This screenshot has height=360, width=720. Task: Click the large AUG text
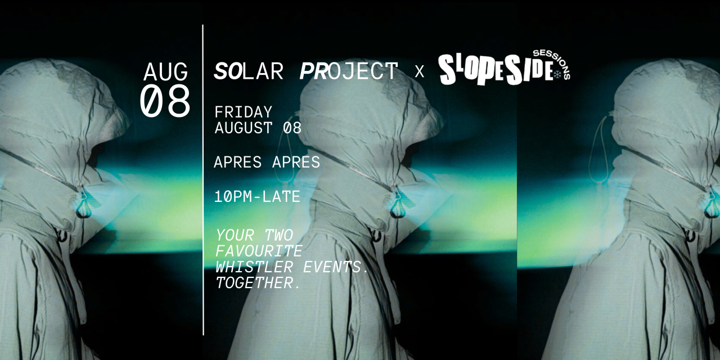pyautogui.click(x=165, y=72)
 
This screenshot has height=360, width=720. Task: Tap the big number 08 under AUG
pyautogui.click(x=165, y=101)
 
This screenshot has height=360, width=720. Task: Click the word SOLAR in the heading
pyautogui.click(x=249, y=71)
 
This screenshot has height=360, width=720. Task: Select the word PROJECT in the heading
pyautogui.click(x=349, y=71)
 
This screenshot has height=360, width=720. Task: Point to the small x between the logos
pyautogui.click(x=419, y=71)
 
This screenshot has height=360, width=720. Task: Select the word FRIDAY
pyautogui.click(x=244, y=112)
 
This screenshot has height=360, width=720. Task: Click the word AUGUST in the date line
pyautogui.click(x=244, y=128)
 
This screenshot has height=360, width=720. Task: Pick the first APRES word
pyautogui.click(x=237, y=163)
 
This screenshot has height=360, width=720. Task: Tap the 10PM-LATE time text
pyautogui.click(x=257, y=196)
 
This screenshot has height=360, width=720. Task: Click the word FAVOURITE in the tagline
pyautogui.click(x=259, y=251)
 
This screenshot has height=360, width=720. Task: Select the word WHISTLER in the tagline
pyautogui.click(x=254, y=267)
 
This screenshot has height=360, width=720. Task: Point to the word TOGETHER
pyautogui.click(x=254, y=283)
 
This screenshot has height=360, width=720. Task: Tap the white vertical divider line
pyautogui.click(x=203, y=180)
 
